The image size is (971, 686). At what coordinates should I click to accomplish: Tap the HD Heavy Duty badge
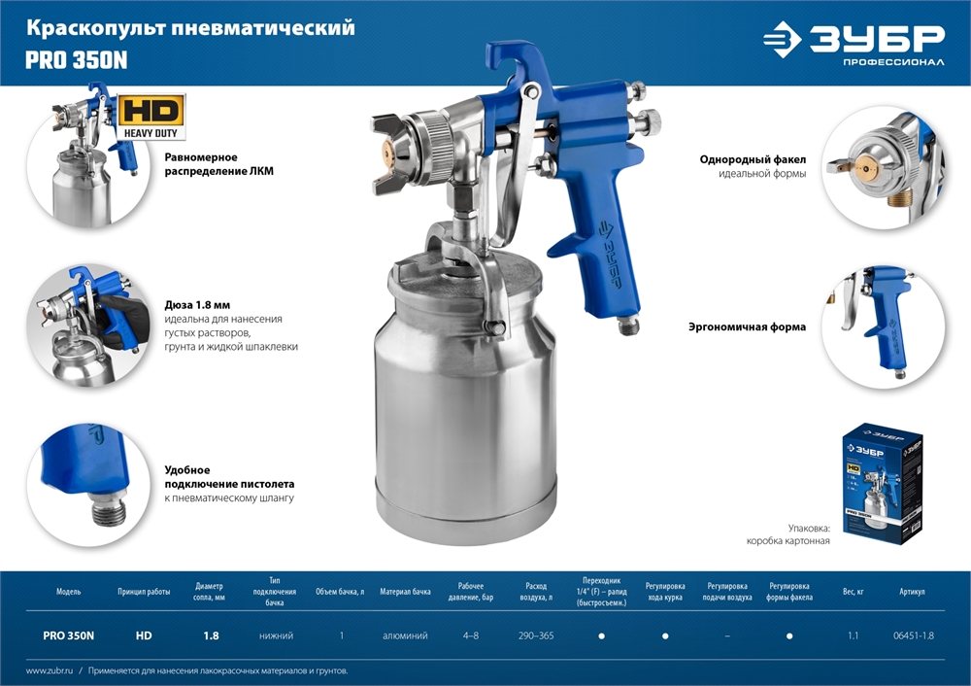coord(152,117)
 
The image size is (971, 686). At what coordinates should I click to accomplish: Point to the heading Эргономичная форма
coord(753,327)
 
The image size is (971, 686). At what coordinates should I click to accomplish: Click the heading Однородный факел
coord(753,158)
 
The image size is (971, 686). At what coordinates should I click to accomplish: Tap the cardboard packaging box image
coord(881,483)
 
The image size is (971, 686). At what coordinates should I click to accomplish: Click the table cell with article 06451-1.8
coord(913,635)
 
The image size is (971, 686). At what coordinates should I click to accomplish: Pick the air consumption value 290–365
coord(536,635)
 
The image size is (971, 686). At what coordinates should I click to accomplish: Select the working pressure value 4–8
coord(471,635)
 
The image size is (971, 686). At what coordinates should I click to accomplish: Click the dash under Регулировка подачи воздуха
coord(728,635)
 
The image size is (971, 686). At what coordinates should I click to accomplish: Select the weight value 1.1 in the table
coord(852,635)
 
